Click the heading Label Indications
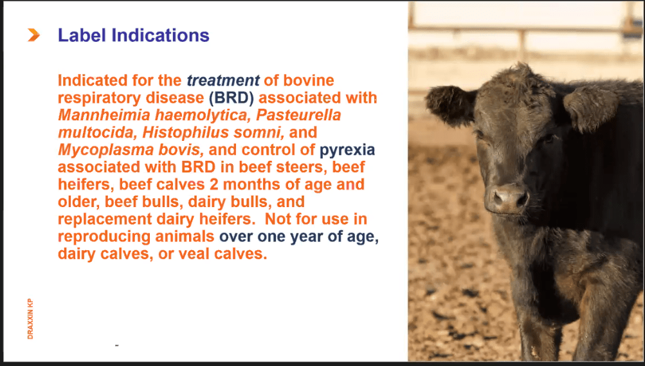pos(134,35)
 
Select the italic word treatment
pos(223,81)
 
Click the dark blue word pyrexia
pos(347,151)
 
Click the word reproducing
pos(103,237)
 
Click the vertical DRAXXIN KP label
pos(31,319)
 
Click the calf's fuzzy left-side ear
pos(450,104)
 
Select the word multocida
pos(96,133)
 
